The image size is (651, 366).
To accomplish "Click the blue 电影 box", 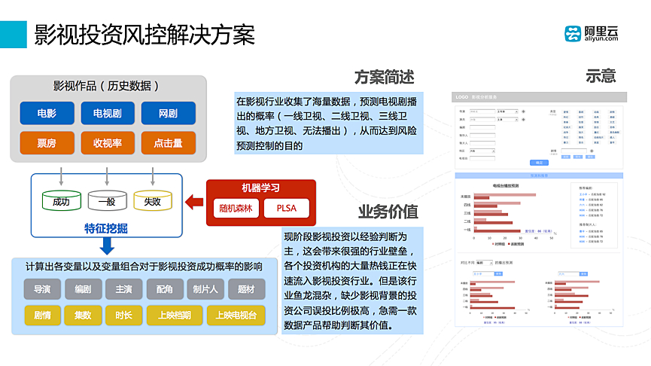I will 47,114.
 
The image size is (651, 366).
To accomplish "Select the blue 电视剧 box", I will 108,114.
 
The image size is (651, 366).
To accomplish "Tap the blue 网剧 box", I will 168,114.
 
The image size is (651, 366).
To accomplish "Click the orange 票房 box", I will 47,143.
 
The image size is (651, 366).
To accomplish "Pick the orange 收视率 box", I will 108,143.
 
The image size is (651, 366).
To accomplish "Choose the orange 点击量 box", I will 168,143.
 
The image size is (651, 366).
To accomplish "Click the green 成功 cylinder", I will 61,200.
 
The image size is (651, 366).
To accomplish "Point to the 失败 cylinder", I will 153,200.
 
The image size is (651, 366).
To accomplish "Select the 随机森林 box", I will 236,208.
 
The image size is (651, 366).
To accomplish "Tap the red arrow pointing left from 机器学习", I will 194,201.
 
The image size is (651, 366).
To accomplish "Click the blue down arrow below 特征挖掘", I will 107,246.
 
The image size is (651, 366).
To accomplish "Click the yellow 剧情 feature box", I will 42,315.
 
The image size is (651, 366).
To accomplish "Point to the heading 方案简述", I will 384,77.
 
